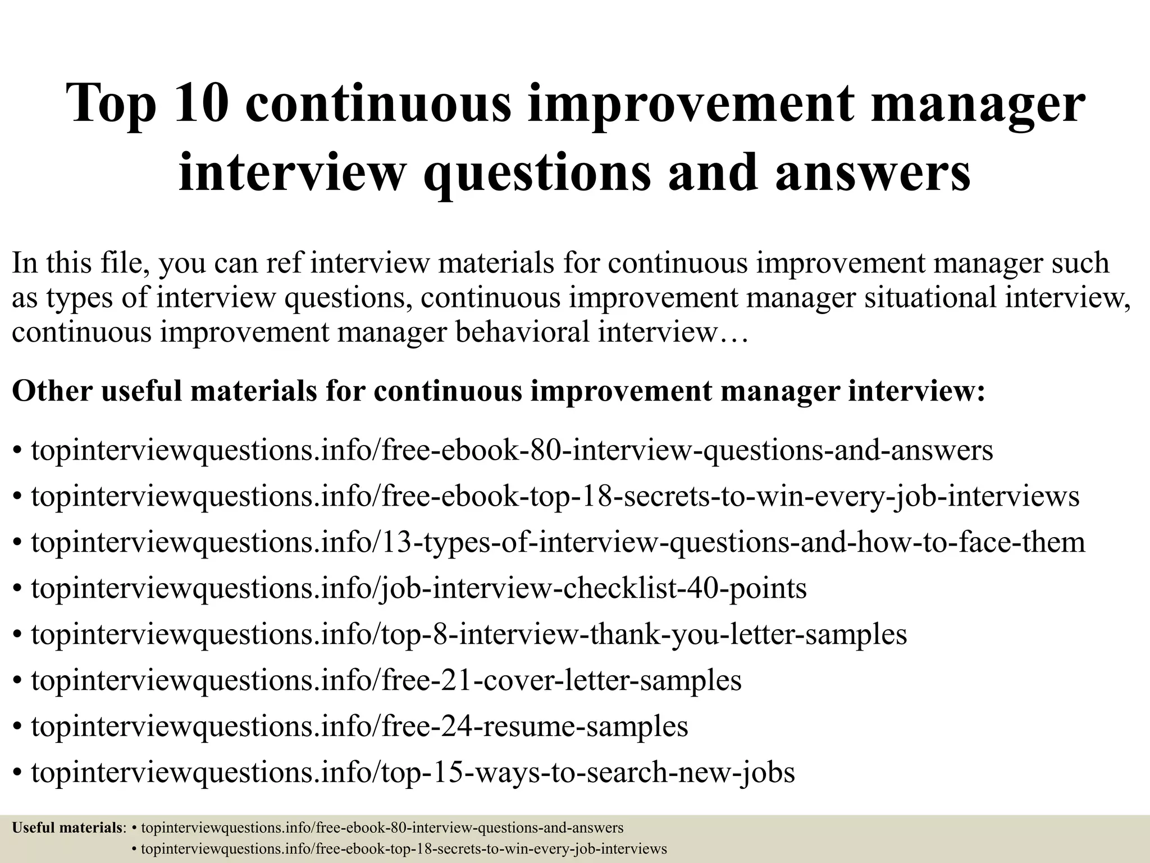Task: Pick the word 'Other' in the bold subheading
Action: click(x=51, y=391)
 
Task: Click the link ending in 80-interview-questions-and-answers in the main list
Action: click(x=512, y=451)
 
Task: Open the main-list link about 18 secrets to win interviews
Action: click(x=555, y=497)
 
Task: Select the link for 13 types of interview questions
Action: click(x=558, y=543)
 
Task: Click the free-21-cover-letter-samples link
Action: click(x=386, y=680)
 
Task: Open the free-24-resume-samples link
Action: click(x=359, y=726)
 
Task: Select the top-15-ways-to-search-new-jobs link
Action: click(x=413, y=773)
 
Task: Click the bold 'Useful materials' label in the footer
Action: click(x=67, y=828)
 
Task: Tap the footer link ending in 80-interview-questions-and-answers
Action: click(x=382, y=828)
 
